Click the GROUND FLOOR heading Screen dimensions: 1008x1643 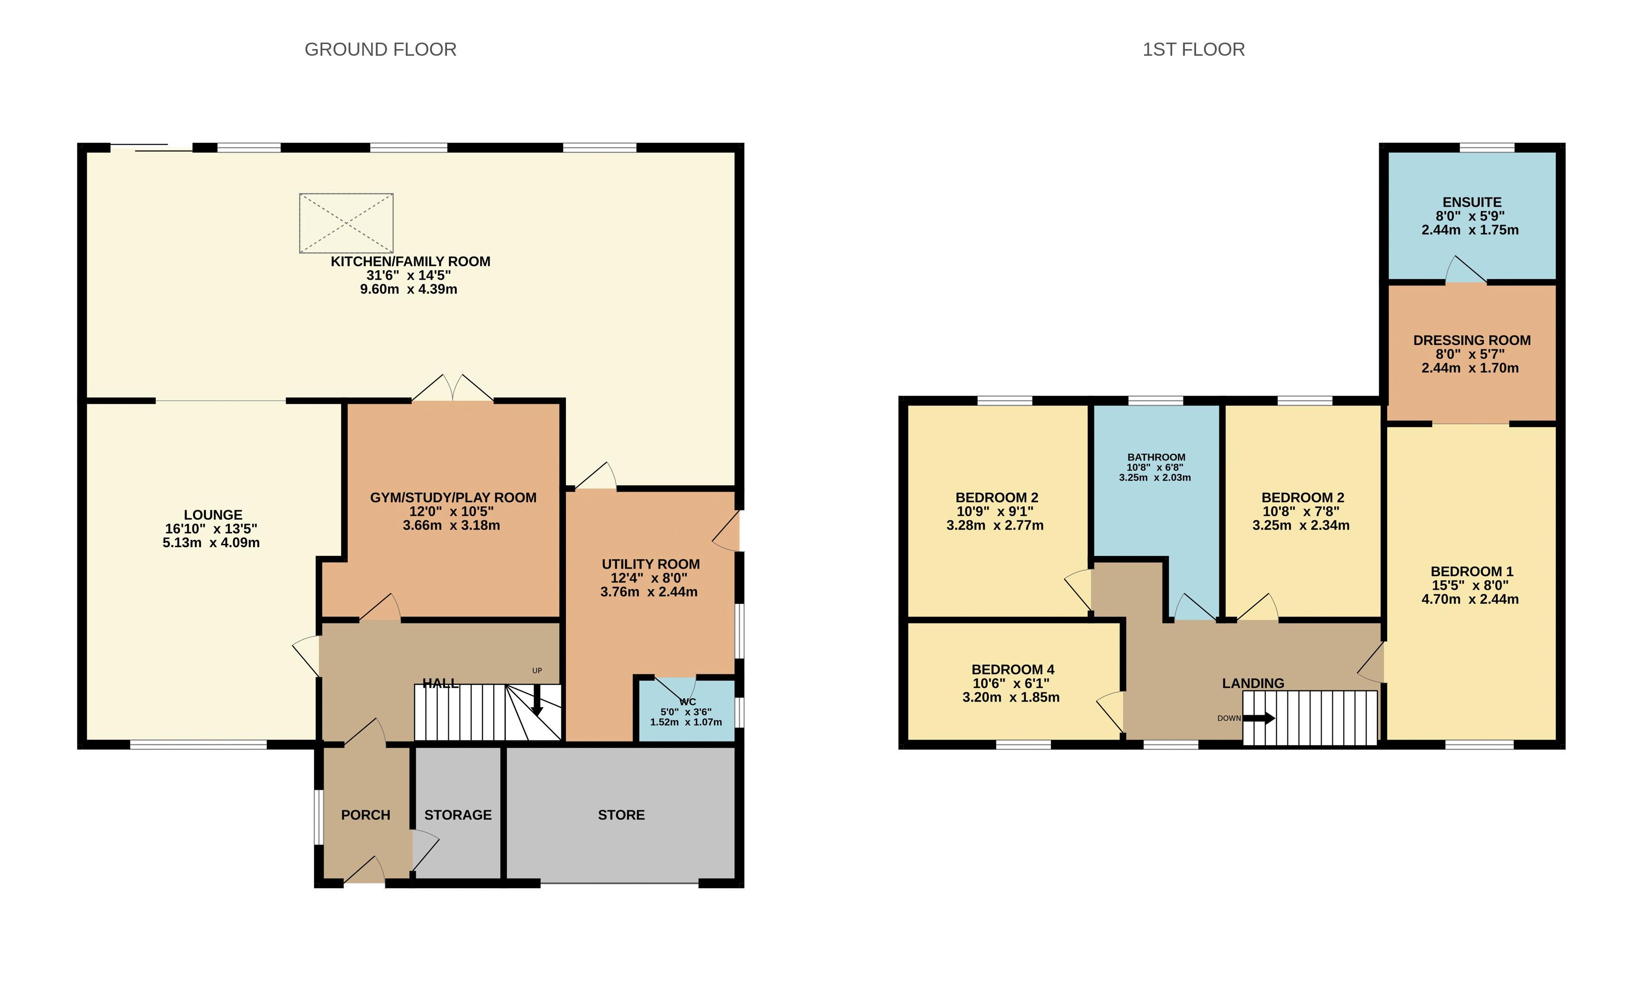coord(380,49)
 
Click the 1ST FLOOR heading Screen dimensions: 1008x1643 coord(1193,49)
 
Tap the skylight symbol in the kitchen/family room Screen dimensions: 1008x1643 coord(346,223)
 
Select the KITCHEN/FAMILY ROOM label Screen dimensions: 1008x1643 coord(410,261)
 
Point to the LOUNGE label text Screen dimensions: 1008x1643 coord(213,515)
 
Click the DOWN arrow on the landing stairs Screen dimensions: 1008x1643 coord(1258,719)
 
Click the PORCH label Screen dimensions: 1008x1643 coord(365,815)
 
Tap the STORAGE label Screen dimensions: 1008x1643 coord(458,815)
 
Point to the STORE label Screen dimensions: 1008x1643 coord(621,815)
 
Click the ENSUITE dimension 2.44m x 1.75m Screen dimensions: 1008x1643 coord(1470,230)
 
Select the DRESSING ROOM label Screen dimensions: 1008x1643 coord(1472,340)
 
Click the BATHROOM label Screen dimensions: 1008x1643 coord(1156,457)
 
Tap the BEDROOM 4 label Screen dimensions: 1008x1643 coord(1012,669)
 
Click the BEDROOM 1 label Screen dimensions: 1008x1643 coord(1472,571)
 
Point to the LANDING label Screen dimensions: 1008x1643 coord(1252,683)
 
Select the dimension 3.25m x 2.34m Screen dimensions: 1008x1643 coord(1300,526)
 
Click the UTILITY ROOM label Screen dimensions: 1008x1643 coord(650,564)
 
